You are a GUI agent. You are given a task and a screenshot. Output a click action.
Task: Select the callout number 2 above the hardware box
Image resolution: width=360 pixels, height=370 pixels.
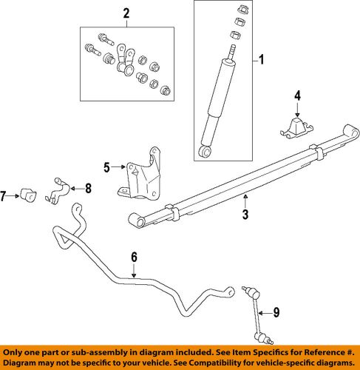126,13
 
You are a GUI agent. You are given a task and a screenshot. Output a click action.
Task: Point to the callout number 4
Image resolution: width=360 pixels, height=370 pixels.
298,95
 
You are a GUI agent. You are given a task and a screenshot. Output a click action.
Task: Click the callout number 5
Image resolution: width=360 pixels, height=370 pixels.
106,168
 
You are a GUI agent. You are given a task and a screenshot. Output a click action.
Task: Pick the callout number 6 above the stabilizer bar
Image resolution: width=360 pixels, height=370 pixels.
133,257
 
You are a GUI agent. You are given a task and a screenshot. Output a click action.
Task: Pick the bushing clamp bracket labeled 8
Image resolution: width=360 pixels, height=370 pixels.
60,189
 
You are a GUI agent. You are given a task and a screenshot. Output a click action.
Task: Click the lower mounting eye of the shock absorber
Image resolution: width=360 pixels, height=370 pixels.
206,152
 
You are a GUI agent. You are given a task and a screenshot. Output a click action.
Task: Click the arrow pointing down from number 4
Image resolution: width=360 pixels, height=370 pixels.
298,108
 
